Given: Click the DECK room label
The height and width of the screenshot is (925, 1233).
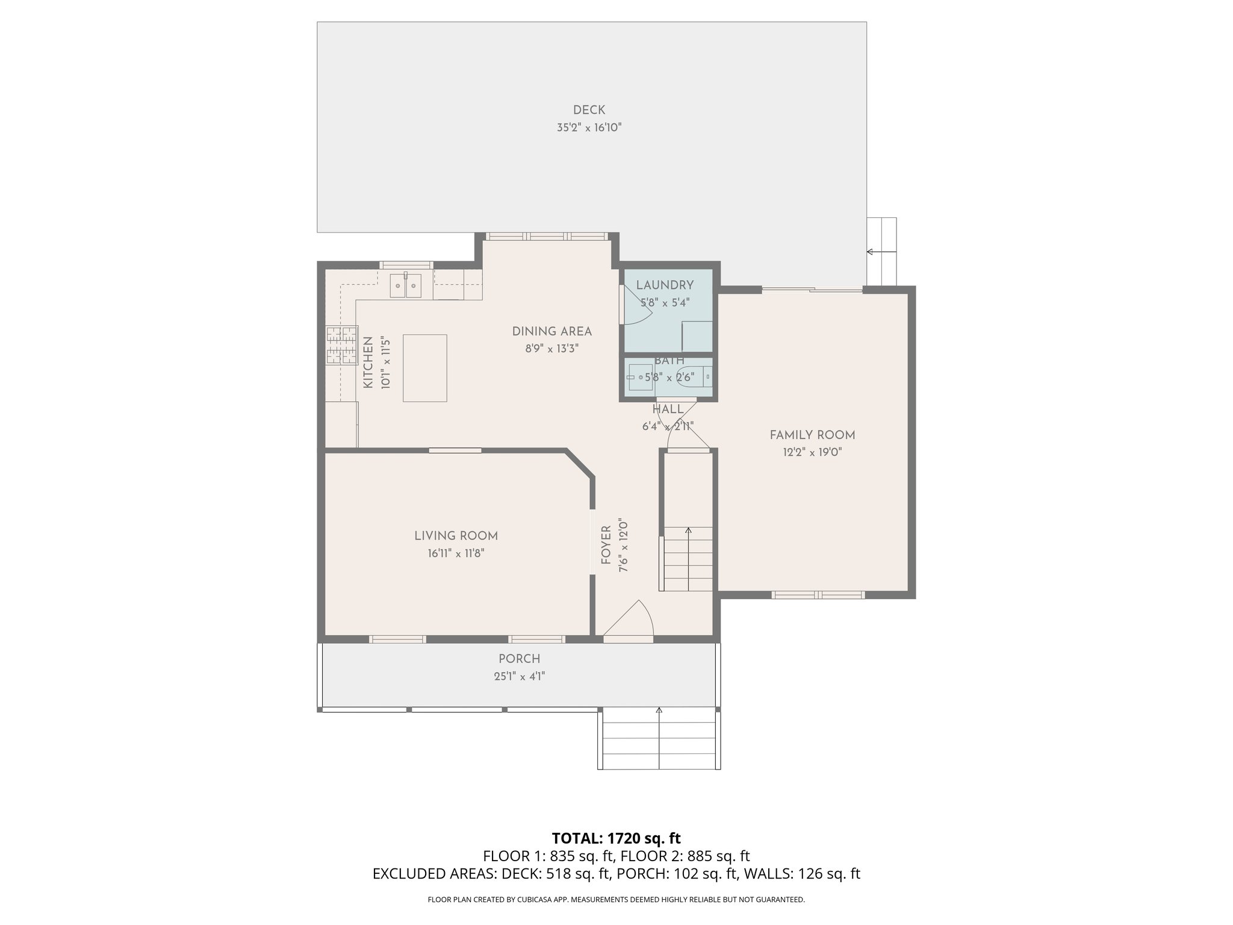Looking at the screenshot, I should coord(589,110).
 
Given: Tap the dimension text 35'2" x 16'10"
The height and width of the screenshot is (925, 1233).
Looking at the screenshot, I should coord(589,128).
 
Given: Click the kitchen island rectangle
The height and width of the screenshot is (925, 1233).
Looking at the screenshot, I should coord(425,368).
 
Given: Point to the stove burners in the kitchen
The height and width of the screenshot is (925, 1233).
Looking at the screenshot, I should coord(342,345).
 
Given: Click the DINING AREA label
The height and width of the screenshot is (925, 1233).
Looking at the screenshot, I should coord(551,331).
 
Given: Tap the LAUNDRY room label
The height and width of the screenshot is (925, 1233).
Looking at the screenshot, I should coord(665,285).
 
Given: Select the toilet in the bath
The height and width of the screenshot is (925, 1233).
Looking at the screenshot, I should coord(698,376).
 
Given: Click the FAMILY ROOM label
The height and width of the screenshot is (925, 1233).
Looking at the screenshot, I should coord(812,435).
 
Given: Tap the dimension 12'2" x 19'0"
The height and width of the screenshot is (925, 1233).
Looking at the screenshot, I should coord(812,453).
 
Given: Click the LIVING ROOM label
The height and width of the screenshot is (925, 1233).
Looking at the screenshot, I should coord(456,536).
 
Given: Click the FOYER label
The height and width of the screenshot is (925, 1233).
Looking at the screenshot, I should coord(606,545).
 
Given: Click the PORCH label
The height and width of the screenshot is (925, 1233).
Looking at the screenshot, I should coord(519,659).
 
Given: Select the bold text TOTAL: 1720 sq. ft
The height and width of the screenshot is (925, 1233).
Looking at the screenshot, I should coord(616,838).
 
